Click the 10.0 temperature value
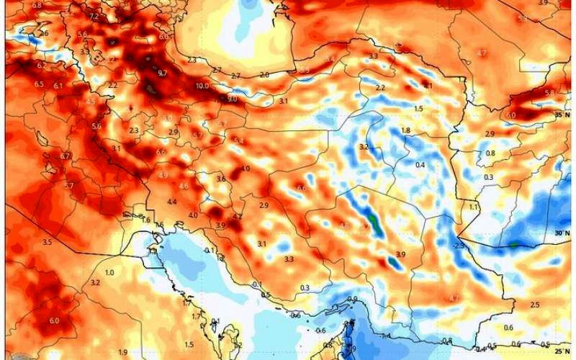[x=202, y=86]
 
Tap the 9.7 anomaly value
[x=162, y=73]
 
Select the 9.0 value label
[x=231, y=99]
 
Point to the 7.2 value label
[x=94, y=16]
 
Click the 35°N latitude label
[x=562, y=114]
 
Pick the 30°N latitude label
[x=562, y=233]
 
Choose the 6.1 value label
[x=58, y=86]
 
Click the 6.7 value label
[x=66, y=156]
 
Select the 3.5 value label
[x=47, y=243]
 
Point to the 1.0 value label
[x=109, y=273]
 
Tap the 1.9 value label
[x=123, y=351]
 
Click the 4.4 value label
[x=171, y=202]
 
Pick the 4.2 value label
[x=237, y=216]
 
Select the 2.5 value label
[x=534, y=305]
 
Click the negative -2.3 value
[x=459, y=246]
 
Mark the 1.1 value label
[x=474, y=207]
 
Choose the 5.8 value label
[x=549, y=93]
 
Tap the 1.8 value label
[x=405, y=130]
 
